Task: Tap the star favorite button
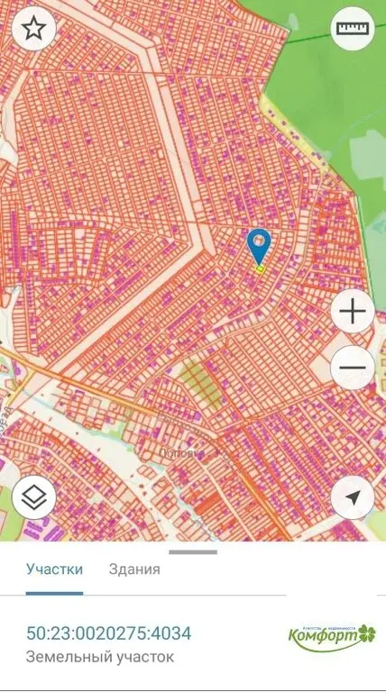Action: [33, 29]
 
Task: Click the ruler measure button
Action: [353, 29]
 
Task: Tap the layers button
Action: [34, 497]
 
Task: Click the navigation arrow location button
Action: [353, 497]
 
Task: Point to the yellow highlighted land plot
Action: [260, 269]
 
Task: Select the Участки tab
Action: [54, 569]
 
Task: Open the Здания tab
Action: [134, 569]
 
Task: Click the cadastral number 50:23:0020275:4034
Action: [108, 633]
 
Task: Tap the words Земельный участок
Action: [100, 658]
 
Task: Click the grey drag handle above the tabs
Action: [193, 551]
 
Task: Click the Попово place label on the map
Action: [177, 455]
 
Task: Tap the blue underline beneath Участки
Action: [54, 593]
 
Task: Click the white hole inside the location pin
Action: [260, 241]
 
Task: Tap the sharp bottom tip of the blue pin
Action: [260, 264]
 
